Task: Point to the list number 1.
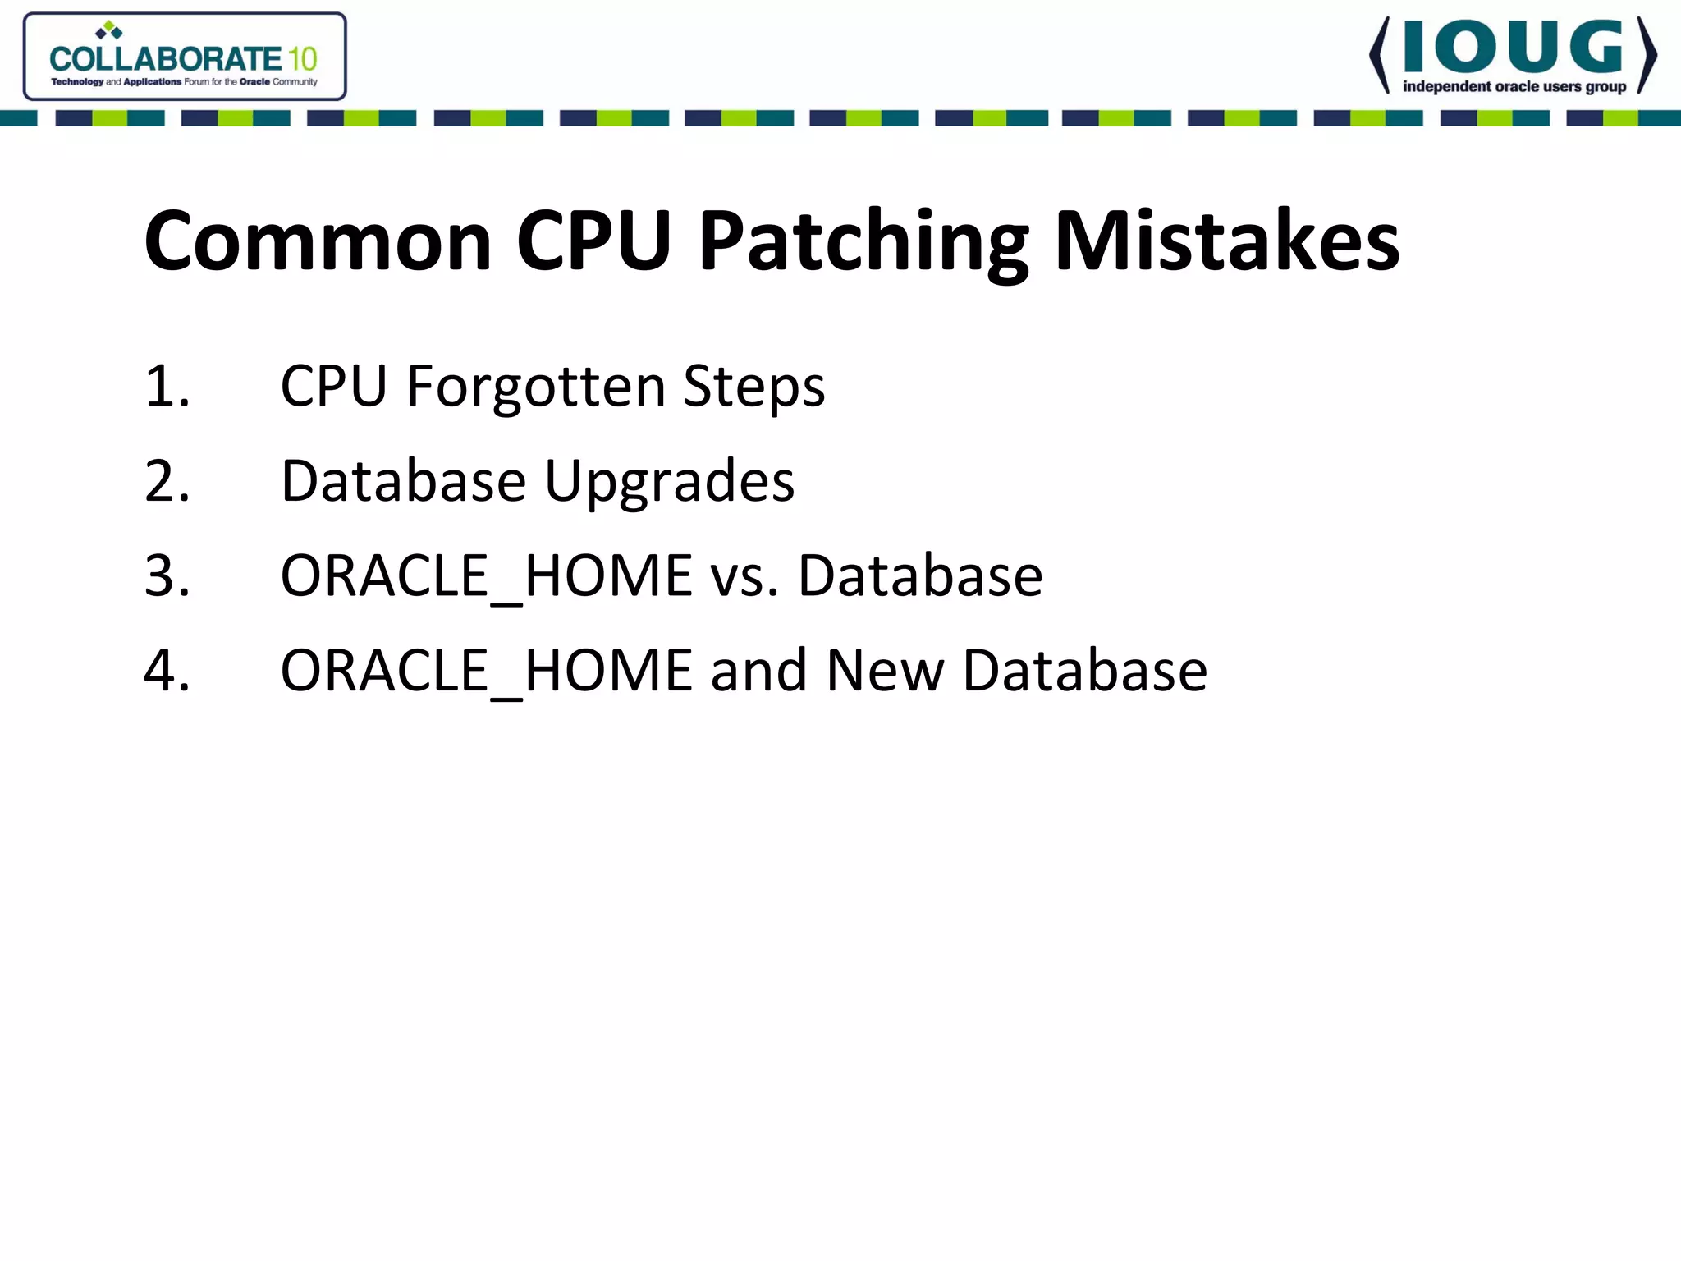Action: (167, 386)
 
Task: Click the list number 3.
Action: (167, 575)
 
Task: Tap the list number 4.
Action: (167, 671)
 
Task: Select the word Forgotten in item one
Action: (535, 386)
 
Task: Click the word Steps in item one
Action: (753, 386)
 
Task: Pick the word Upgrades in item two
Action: (669, 481)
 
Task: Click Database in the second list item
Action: (403, 481)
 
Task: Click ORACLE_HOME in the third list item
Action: (486, 575)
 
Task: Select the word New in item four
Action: (884, 671)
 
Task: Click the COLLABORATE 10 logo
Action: (185, 57)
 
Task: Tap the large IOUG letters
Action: (1513, 47)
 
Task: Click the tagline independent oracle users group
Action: (1514, 87)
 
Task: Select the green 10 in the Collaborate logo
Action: (301, 59)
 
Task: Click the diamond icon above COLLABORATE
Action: (109, 31)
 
